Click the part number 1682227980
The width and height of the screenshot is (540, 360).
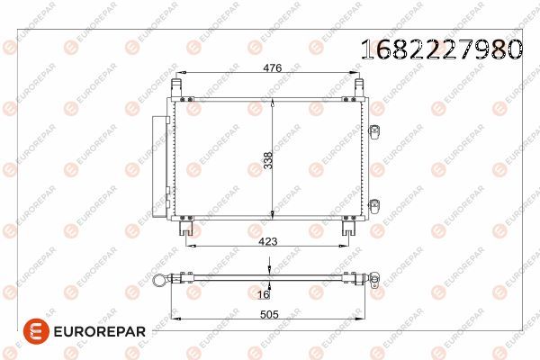click(x=442, y=49)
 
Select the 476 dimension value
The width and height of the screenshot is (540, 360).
click(x=273, y=67)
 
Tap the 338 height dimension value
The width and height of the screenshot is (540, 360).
click(x=268, y=160)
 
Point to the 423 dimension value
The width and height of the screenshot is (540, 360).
click(x=268, y=241)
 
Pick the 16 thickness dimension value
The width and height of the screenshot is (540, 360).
click(x=264, y=294)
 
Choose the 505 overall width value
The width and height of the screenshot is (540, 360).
click(x=269, y=314)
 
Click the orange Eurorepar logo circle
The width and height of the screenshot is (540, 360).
click(x=36, y=331)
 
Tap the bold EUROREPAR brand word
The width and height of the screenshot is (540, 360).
click(x=100, y=332)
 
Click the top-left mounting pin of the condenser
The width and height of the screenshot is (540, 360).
click(x=176, y=88)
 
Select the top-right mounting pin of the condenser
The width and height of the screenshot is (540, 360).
click(x=359, y=88)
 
